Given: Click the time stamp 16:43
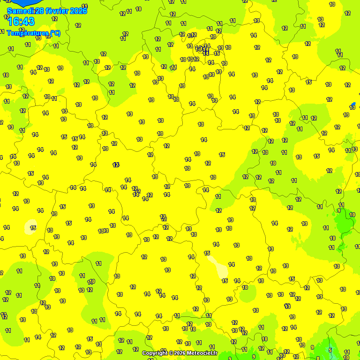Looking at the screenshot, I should [x=21, y=22].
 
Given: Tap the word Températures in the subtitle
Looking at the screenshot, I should [x=27, y=33].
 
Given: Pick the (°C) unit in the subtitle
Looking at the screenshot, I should [x=55, y=33].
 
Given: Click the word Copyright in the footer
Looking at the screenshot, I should [x=155, y=353].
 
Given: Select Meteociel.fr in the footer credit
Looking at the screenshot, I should [x=202, y=353].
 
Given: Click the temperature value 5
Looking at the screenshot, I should [x=330, y=350].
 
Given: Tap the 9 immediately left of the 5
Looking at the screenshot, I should [x=312, y=347].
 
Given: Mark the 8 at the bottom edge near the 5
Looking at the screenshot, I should [x=318, y=358].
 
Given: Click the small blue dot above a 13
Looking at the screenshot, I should [x=353, y=104].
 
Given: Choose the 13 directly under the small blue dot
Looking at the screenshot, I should [x=352, y=108].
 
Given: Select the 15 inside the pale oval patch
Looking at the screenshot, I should [x=33, y=228].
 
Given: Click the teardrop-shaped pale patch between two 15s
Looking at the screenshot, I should [x=217, y=266].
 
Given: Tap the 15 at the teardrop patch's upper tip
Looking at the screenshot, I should [x=207, y=253].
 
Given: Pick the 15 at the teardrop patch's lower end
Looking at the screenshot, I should [x=225, y=281].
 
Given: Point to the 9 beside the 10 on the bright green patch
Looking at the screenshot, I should [x=339, y=210].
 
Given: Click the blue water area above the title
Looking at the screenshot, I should [x=19, y=2].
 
